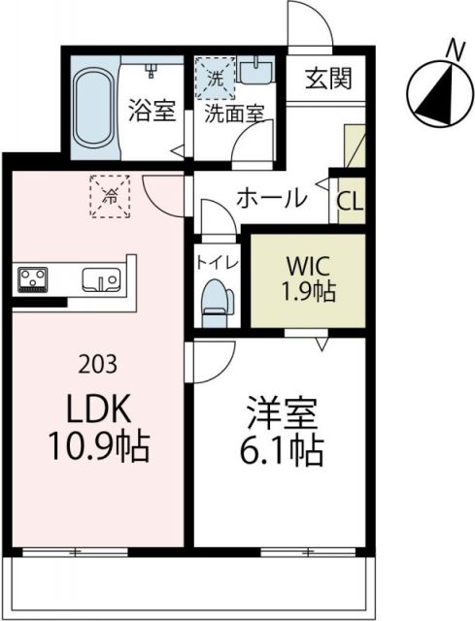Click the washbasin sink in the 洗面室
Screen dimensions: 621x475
pos(259,71)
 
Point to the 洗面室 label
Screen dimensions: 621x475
pos(233,112)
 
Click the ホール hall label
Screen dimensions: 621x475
pos(272,199)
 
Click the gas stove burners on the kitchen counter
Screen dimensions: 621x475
pos(35,279)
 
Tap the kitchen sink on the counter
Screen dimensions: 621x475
pos(99,280)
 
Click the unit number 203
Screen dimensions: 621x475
pos(98,365)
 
